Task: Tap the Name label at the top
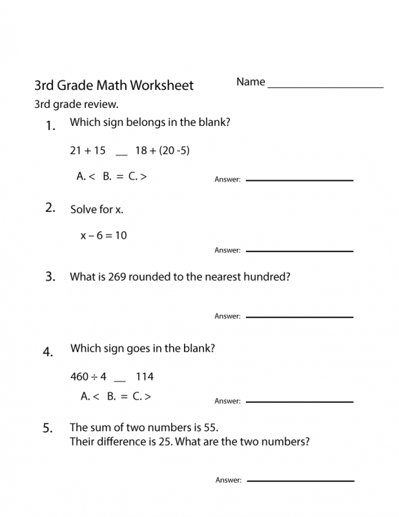[x=251, y=82]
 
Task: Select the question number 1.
[x=51, y=126]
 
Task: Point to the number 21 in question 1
[x=76, y=151]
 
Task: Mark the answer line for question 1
[x=300, y=180]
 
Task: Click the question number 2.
[x=50, y=207]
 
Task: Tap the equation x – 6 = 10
[x=103, y=235]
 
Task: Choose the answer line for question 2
[x=300, y=251]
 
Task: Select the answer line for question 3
[x=300, y=317]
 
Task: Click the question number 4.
[x=48, y=352]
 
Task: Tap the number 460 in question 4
[x=79, y=376]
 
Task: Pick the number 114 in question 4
[x=145, y=376]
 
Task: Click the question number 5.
[x=48, y=428]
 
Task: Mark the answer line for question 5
[x=300, y=481]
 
